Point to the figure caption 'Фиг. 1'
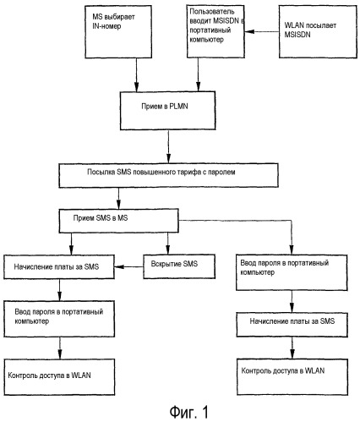pos(189,412)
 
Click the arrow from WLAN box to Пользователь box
pos(262,31)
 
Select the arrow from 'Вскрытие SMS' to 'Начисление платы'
pos(128,266)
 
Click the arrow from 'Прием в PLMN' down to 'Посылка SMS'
pos(168,146)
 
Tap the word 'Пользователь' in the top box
pos(212,12)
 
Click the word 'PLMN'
pos(178,107)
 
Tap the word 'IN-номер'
pos(106,26)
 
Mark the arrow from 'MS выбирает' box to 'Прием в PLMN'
pos(137,75)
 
